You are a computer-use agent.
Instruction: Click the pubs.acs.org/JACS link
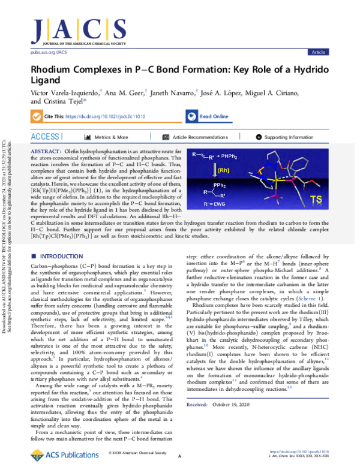(x=48, y=53)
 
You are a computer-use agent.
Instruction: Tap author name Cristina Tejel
(x=65, y=101)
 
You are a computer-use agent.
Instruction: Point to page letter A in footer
(x=179, y=457)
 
